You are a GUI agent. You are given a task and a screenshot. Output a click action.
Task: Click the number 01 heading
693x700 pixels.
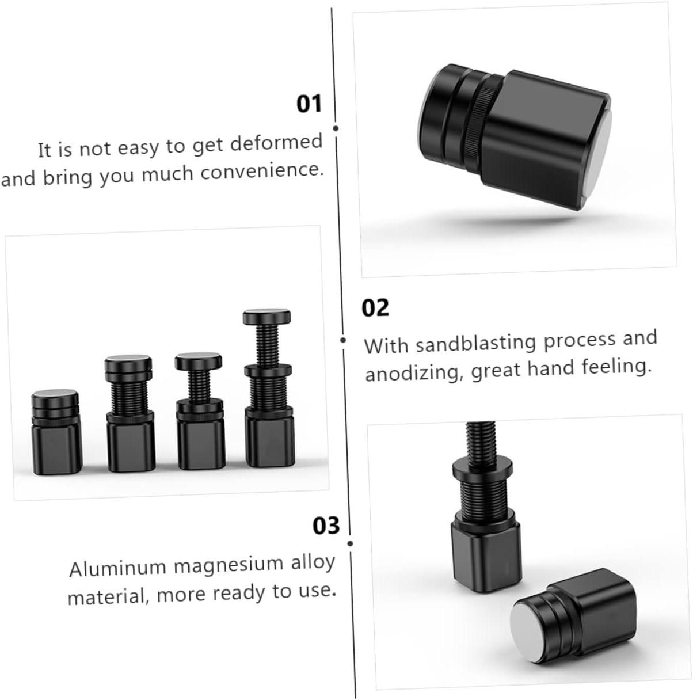pyautogui.click(x=309, y=104)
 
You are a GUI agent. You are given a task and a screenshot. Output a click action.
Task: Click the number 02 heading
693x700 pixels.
pyautogui.click(x=375, y=307)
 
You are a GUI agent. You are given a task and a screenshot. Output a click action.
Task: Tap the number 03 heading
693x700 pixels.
pyautogui.click(x=326, y=525)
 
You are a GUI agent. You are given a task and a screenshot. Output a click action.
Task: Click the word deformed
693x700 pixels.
pyautogui.click(x=276, y=142)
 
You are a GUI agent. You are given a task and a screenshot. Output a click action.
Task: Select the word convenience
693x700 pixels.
pyautogui.click(x=261, y=172)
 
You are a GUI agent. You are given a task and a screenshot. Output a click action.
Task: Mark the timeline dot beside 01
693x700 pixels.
pyautogui.click(x=336, y=128)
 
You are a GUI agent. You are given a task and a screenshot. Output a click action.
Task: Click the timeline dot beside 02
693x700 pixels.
pyautogui.click(x=343, y=340)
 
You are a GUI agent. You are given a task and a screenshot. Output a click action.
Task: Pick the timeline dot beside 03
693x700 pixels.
pyautogui.click(x=350, y=544)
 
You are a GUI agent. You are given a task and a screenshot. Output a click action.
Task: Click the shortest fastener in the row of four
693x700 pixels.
pyautogui.click(x=56, y=433)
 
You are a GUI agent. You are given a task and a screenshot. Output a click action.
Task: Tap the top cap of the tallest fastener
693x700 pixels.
pyautogui.click(x=266, y=316)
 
